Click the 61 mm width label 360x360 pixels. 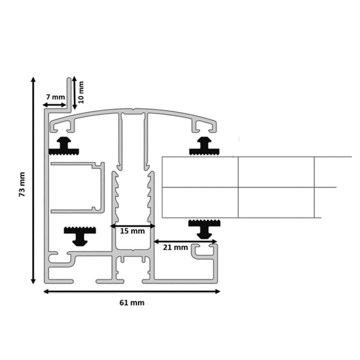point(132,302)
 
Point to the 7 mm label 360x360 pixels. point(55,96)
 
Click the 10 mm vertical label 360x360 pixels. point(81,91)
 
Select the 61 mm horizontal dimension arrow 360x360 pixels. point(132,291)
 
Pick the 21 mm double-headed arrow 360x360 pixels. point(185,241)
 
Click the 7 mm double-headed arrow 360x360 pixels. point(55,104)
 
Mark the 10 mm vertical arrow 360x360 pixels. point(74,92)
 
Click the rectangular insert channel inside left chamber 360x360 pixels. point(78,188)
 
